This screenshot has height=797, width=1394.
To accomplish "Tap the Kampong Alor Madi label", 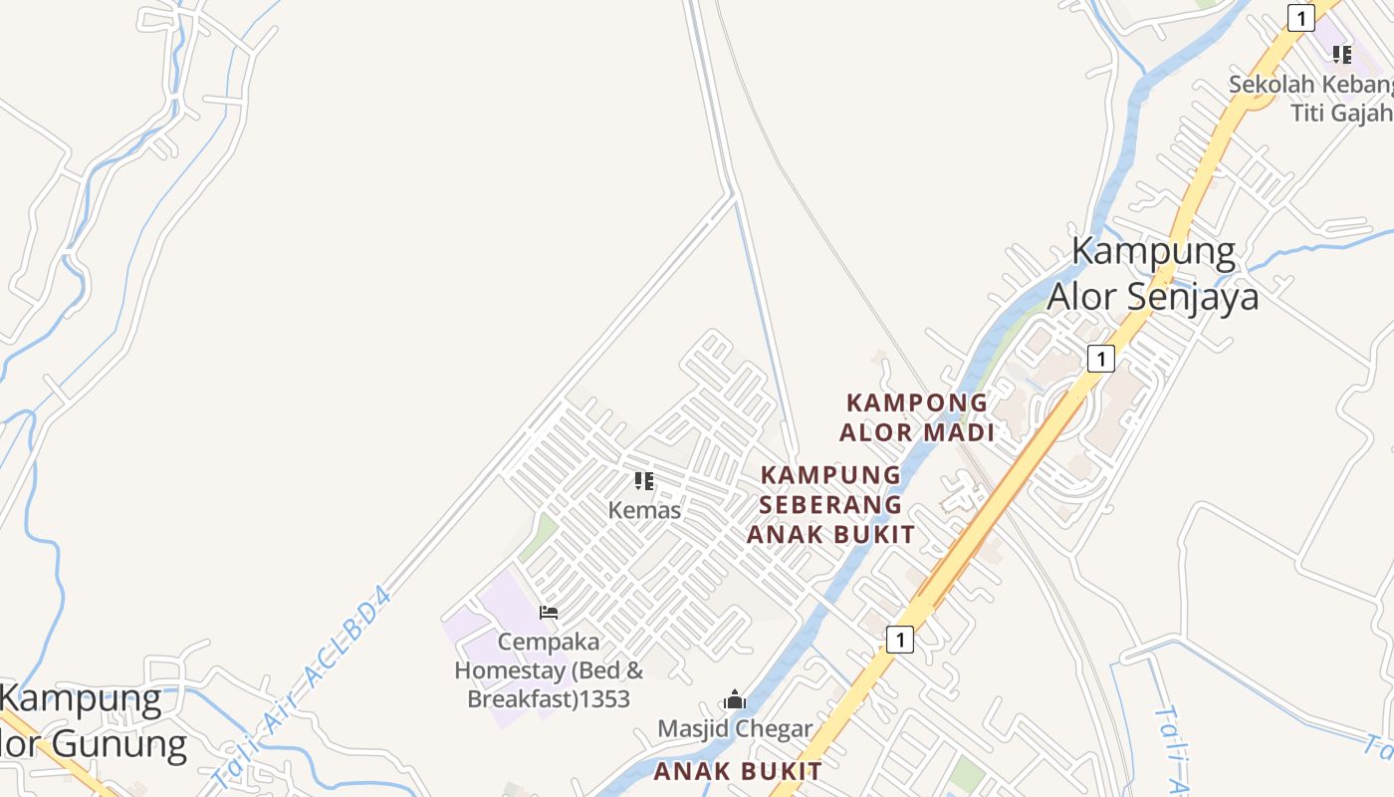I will tap(917, 417).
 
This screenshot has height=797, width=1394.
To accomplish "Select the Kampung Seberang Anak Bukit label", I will tap(830, 504).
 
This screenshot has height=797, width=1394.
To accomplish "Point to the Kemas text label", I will tap(644, 511).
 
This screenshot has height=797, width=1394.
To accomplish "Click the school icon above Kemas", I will tap(644, 482).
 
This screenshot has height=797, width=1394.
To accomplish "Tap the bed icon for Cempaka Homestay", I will tap(548, 612).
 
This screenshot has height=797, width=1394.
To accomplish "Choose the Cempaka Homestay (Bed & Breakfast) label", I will tap(549, 670).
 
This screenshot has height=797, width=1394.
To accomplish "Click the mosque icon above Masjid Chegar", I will tap(735, 699).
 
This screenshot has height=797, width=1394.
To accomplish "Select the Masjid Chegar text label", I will tap(735, 729).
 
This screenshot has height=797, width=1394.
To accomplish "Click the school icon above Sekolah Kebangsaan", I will tap(1342, 54).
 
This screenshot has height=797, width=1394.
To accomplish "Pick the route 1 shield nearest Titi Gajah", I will tap(1300, 18).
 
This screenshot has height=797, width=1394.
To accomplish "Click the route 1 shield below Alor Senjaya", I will tap(1100, 359).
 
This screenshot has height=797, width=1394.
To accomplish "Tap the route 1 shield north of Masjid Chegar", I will tap(899, 640).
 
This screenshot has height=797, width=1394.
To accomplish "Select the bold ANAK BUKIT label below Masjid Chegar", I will tap(738, 771).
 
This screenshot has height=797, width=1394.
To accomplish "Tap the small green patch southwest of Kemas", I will tap(539, 536).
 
